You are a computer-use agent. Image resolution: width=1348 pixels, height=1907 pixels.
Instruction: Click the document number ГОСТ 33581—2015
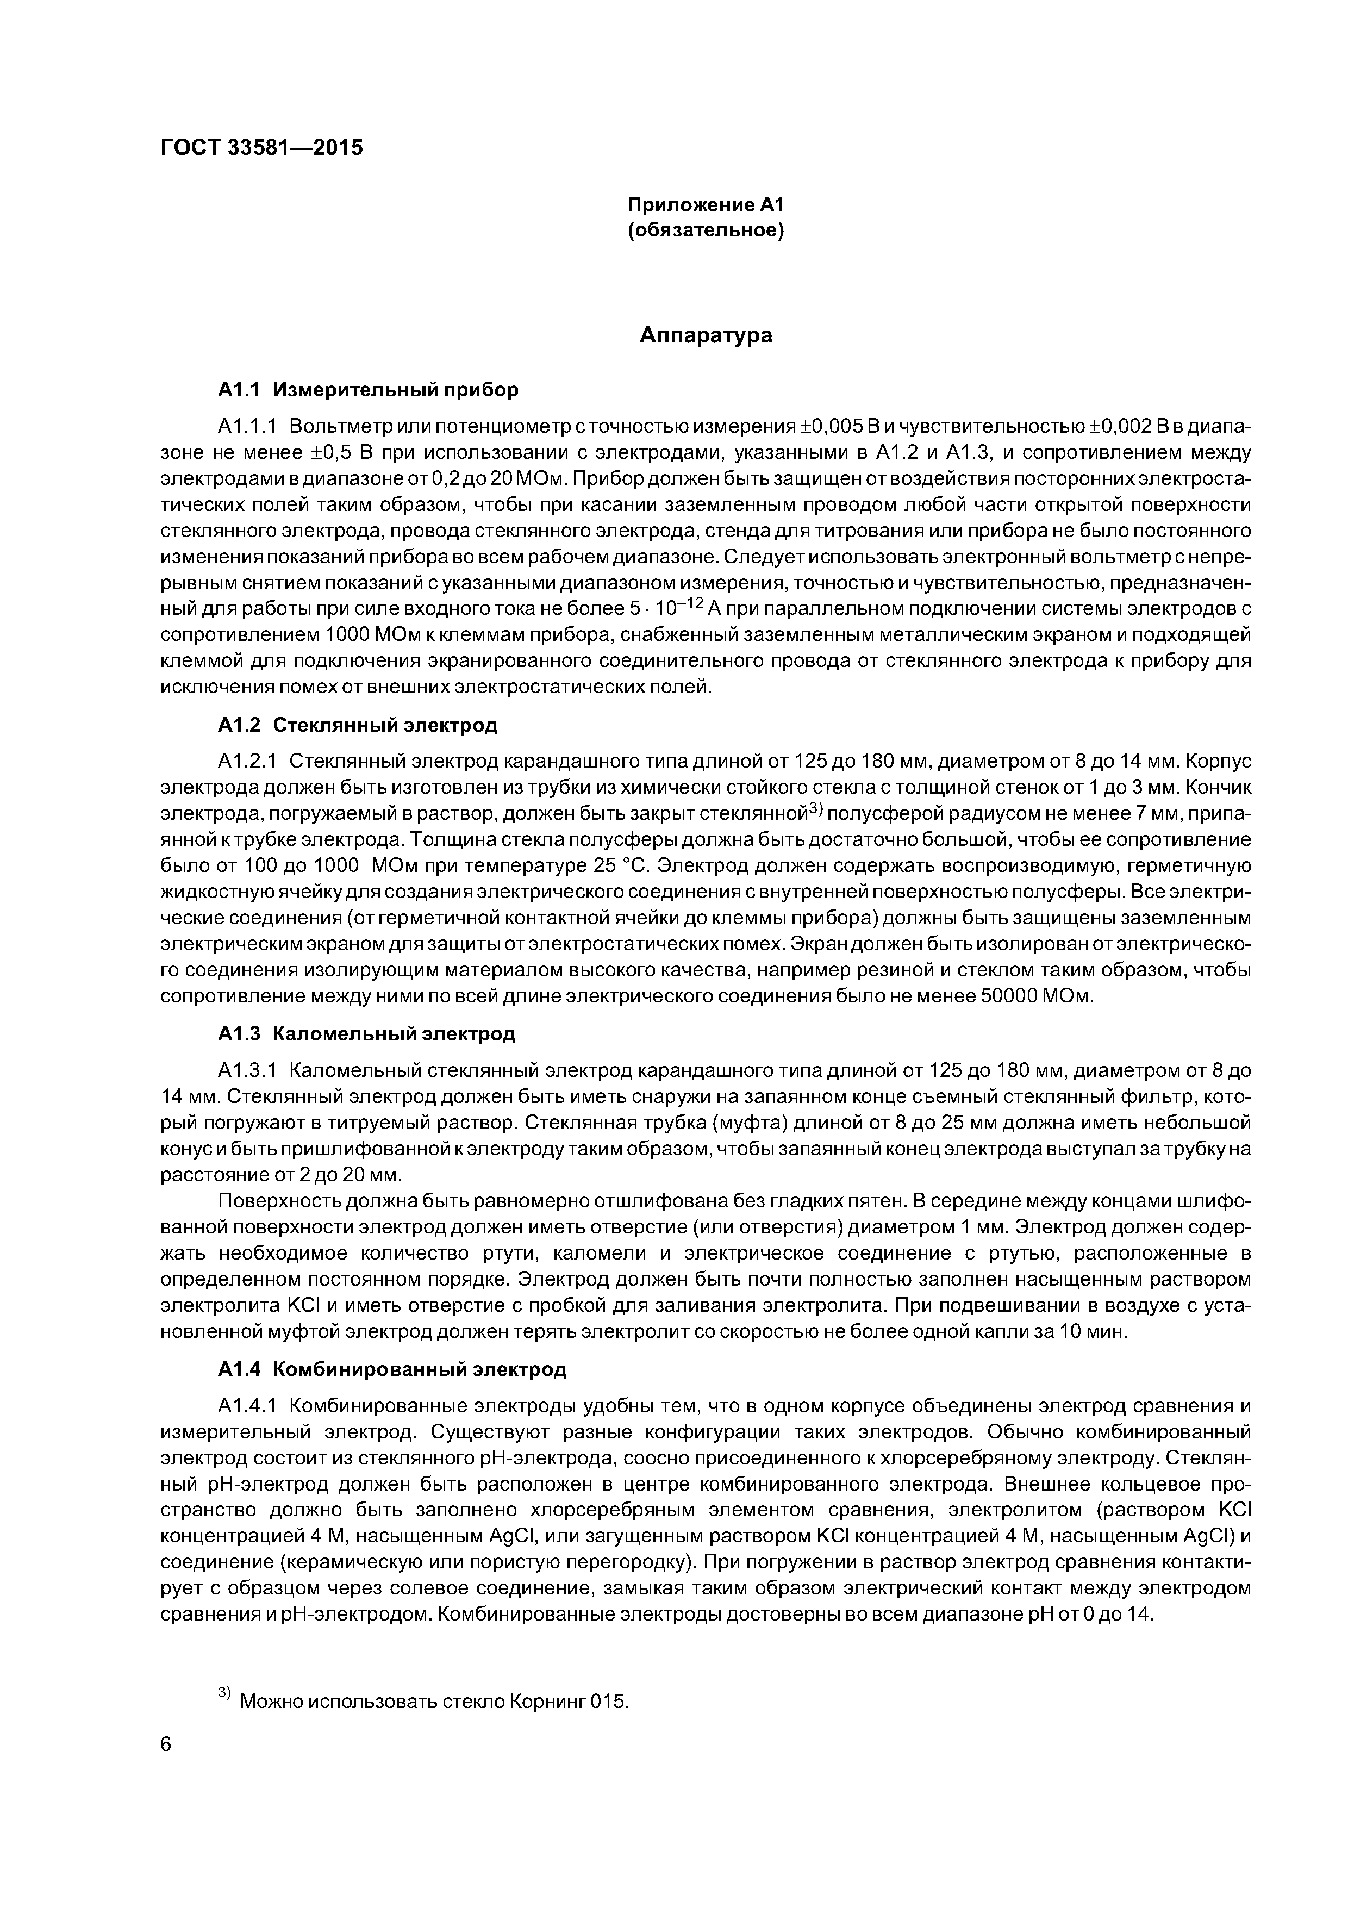[261, 148]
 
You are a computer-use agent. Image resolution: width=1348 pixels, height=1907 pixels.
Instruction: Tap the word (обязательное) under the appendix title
[705, 230]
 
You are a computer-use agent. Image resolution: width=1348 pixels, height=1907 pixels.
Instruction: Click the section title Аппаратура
[706, 335]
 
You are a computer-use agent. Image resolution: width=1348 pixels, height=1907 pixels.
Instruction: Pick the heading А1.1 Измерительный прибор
[368, 390]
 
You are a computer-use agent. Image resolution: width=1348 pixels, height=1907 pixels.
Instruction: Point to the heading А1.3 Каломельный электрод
[366, 1034]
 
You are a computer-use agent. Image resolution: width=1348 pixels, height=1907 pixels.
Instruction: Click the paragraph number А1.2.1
[247, 762]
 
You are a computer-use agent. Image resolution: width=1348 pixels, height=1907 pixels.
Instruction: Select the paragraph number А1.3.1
[247, 1070]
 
